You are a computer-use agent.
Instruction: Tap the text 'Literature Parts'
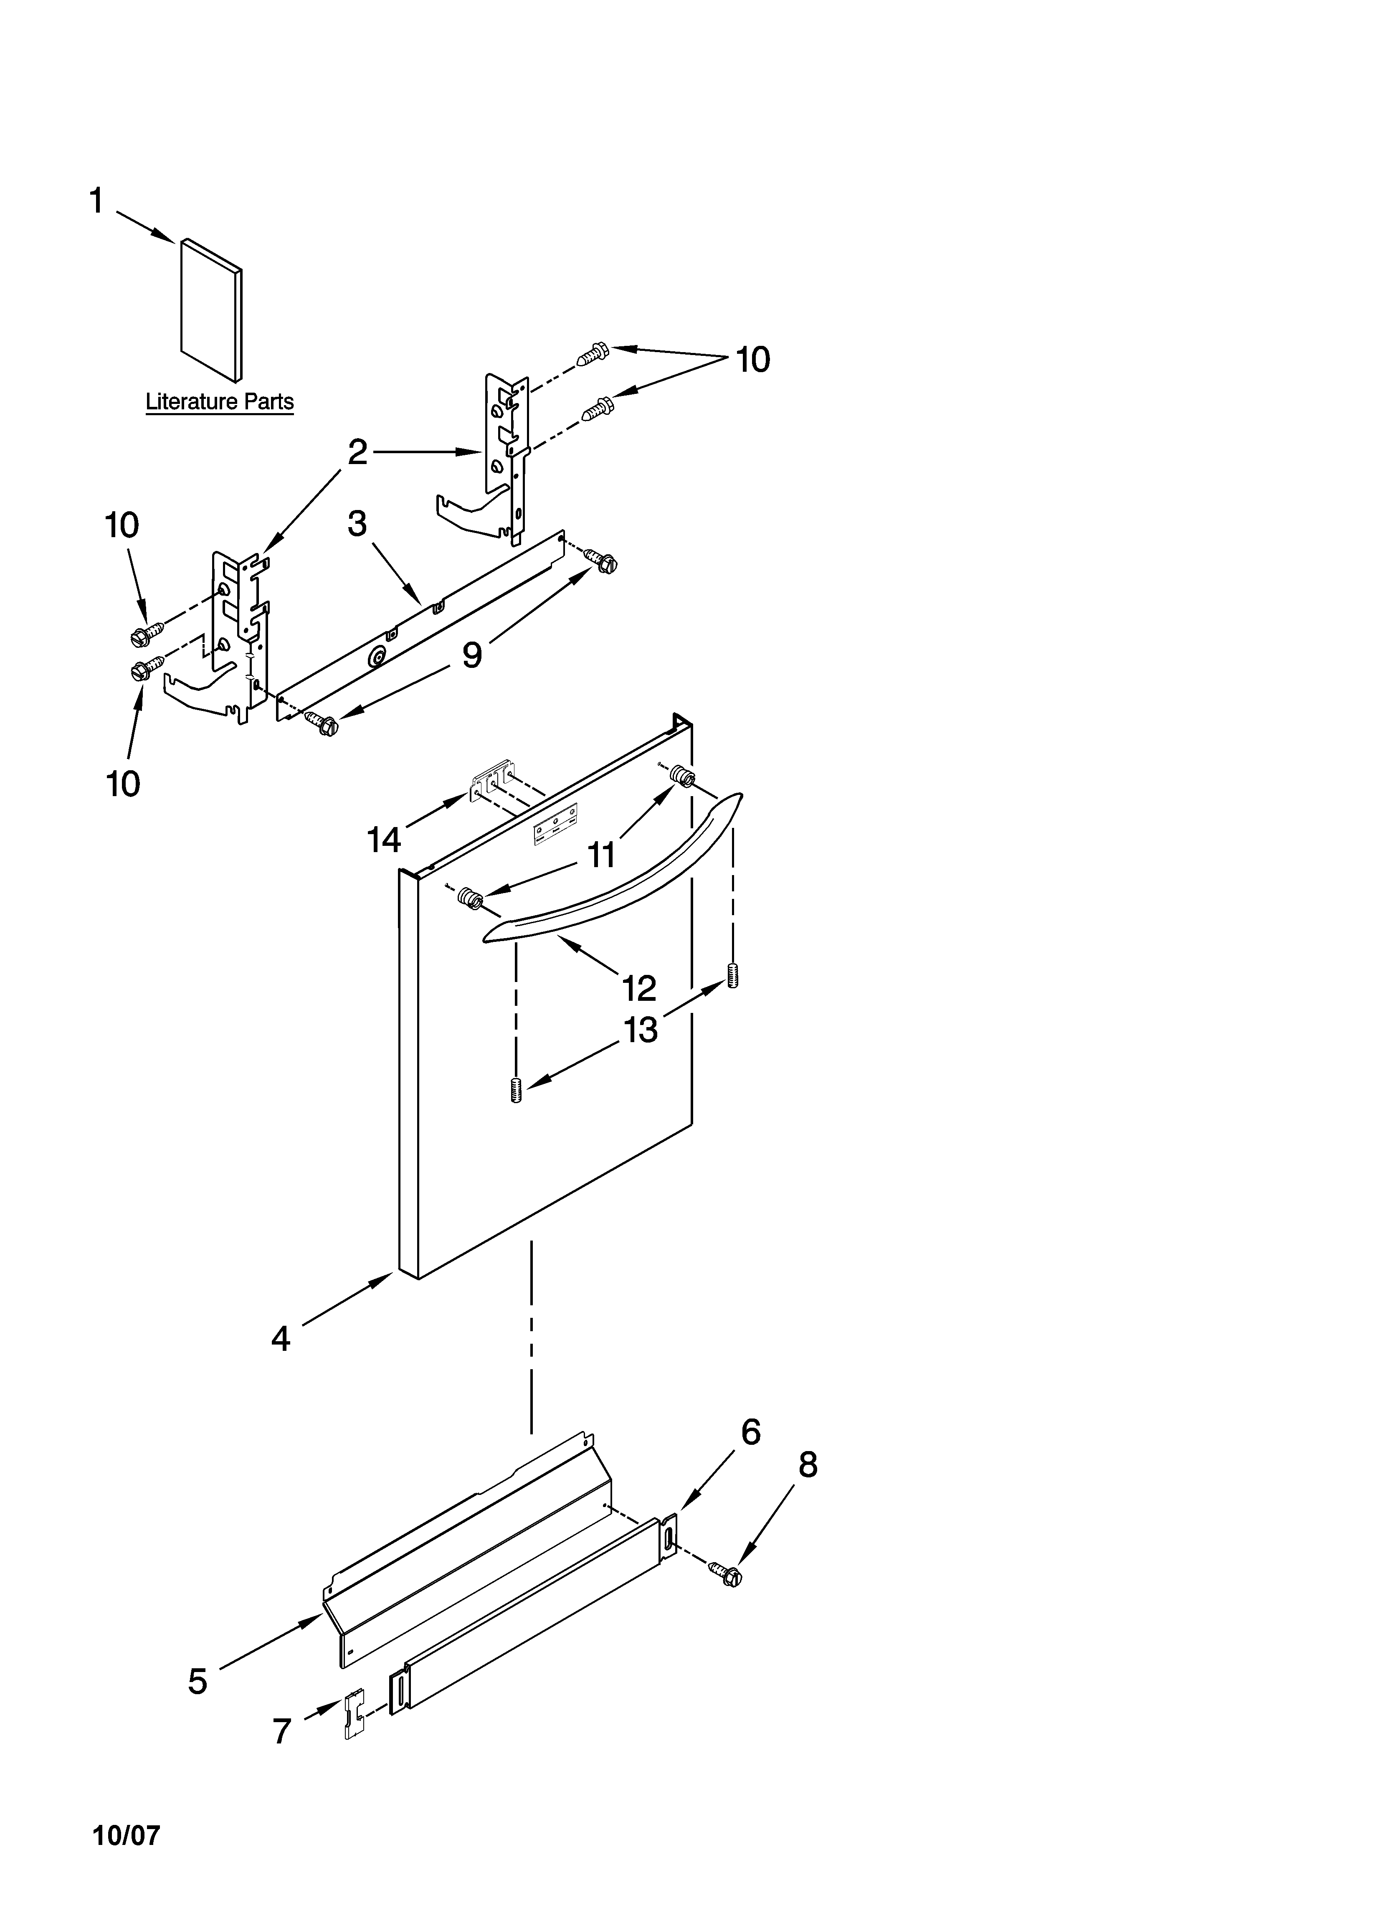pyautogui.click(x=220, y=402)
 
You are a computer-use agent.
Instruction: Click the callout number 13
pyautogui.click(x=640, y=1030)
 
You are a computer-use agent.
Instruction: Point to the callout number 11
pyautogui.click(x=601, y=854)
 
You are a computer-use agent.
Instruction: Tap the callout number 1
pyautogui.click(x=96, y=202)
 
